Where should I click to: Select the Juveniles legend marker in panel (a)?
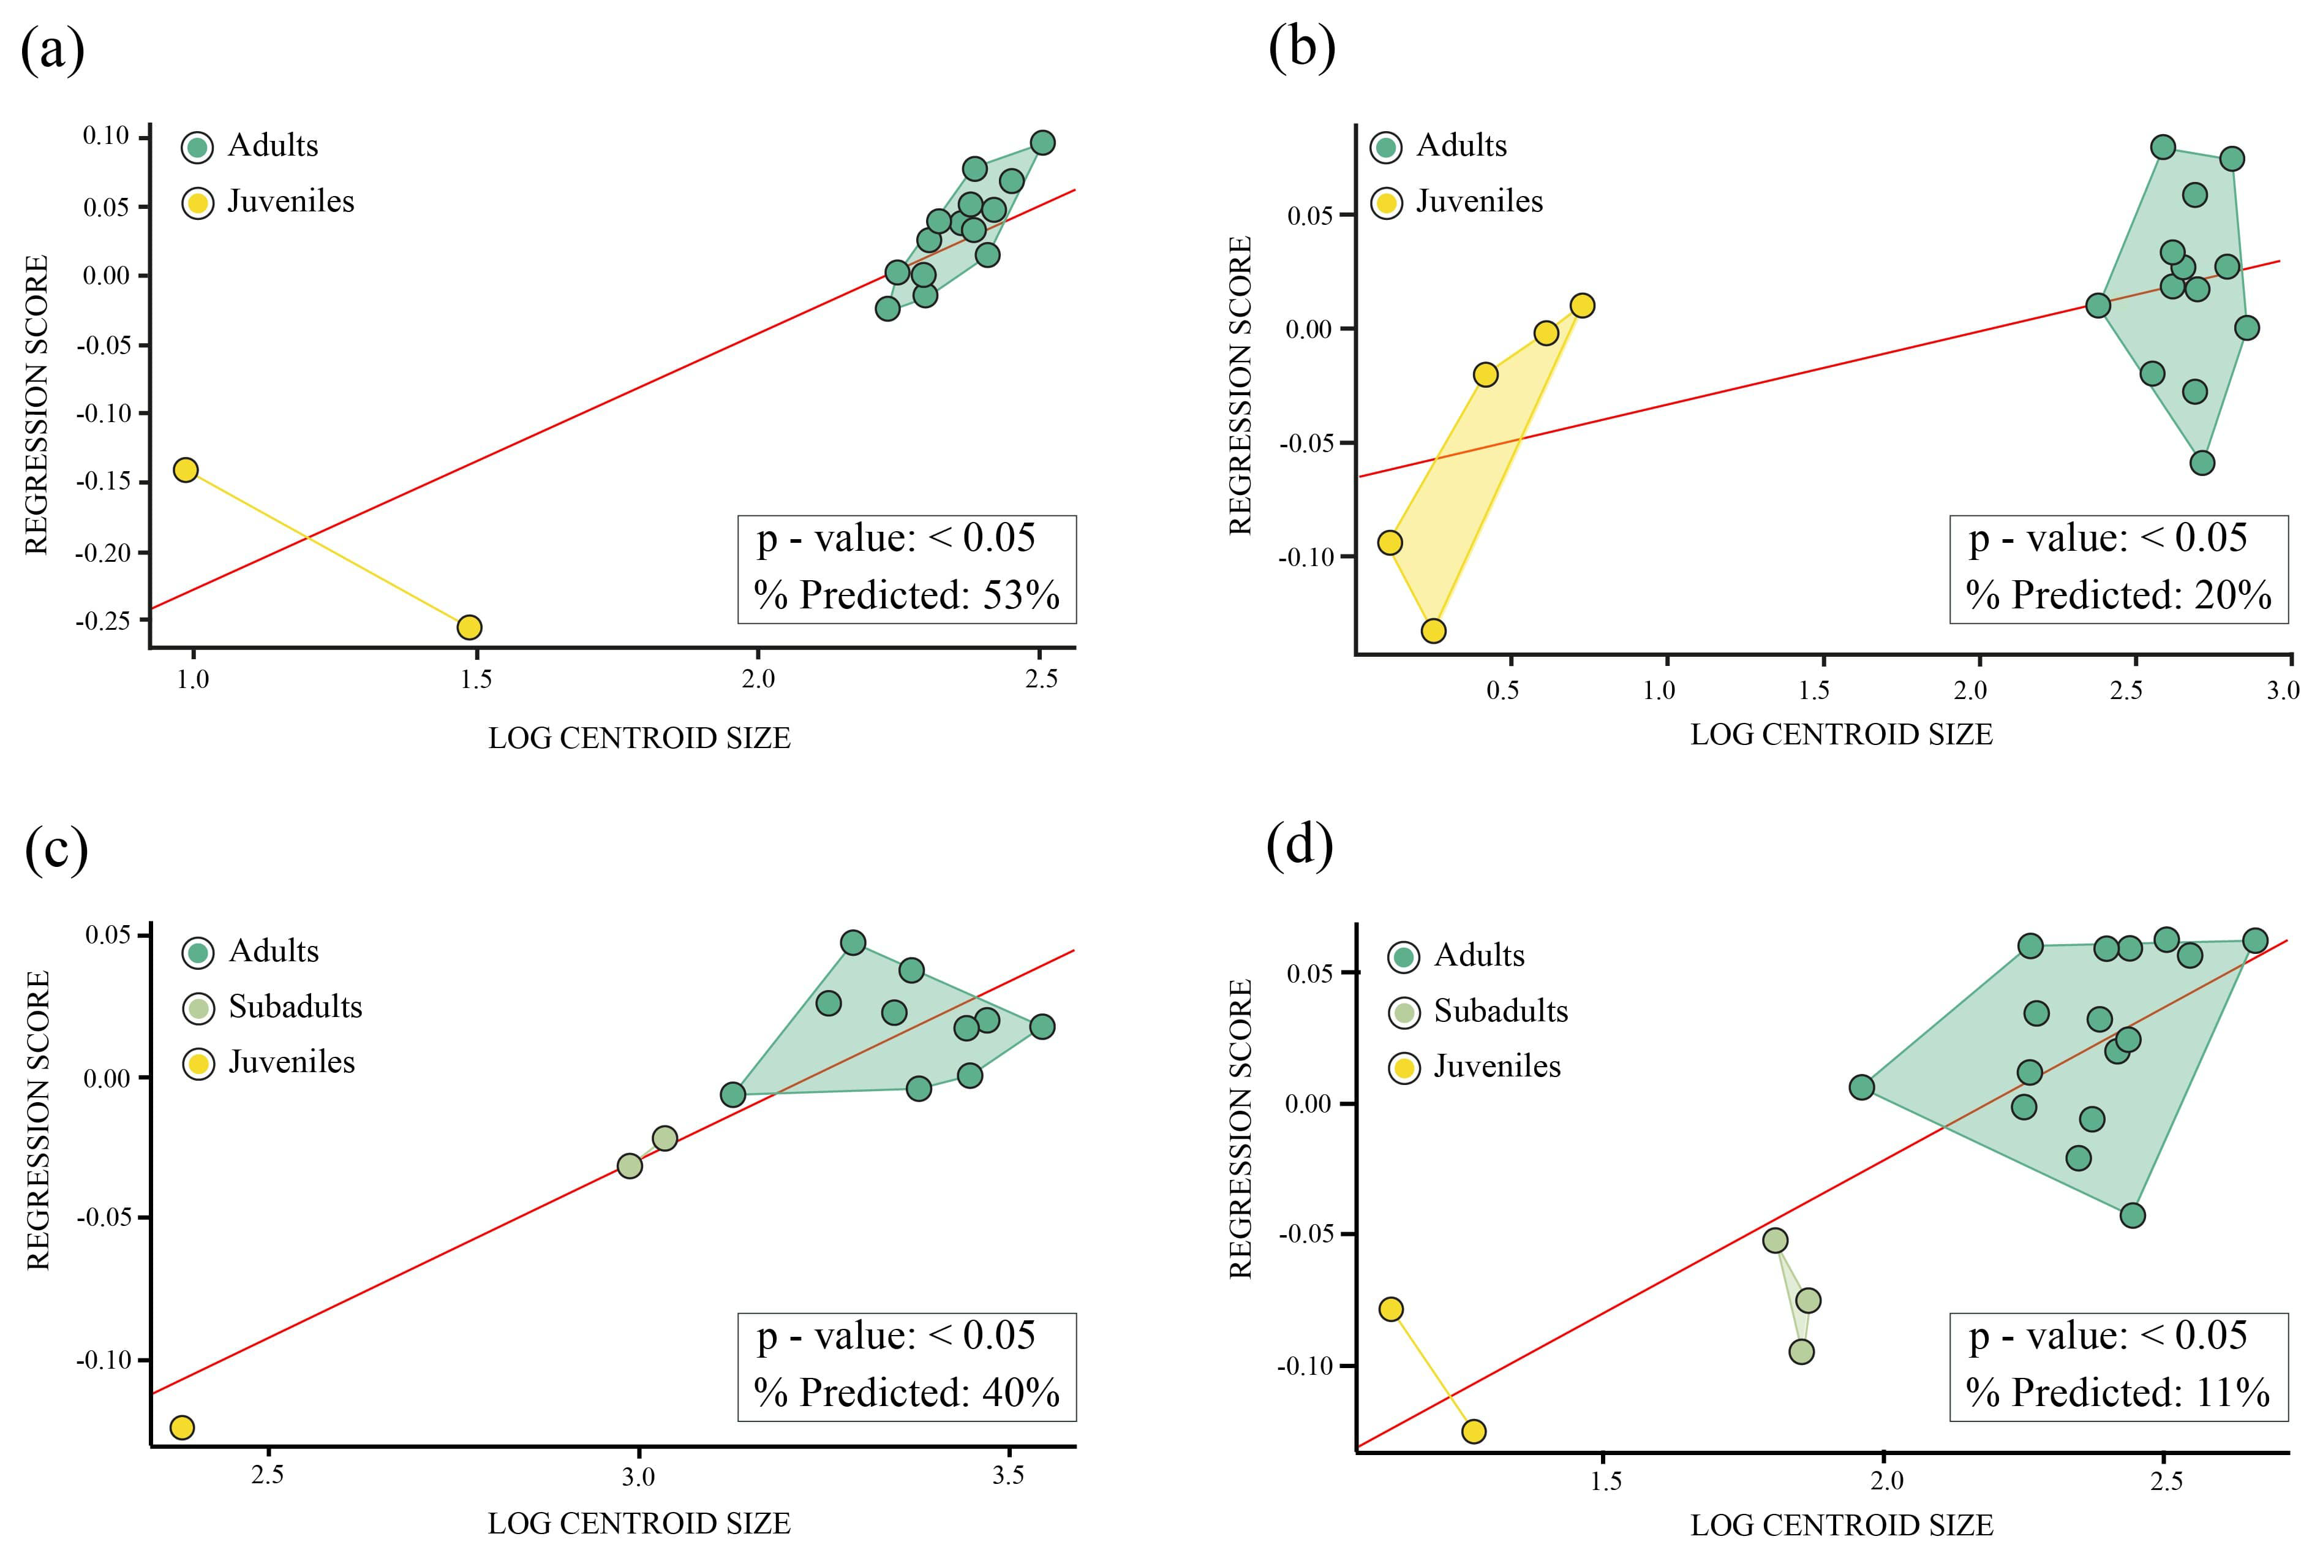pyautogui.click(x=198, y=203)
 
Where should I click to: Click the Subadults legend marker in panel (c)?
pyautogui.click(x=198, y=1008)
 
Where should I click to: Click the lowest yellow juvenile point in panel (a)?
pyautogui.click(x=469, y=627)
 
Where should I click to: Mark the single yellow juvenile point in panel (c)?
pyautogui.click(x=182, y=1428)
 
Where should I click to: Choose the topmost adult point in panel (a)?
pyautogui.click(x=1042, y=142)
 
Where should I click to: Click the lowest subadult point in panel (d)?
pyautogui.click(x=1802, y=1352)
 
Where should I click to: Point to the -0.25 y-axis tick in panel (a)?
pyautogui.click(x=104, y=621)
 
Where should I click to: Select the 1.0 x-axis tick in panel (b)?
pyautogui.click(x=1659, y=690)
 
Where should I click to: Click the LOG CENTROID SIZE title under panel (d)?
pyautogui.click(x=1841, y=1525)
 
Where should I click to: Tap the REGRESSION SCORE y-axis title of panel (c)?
pyautogui.click(x=38, y=1120)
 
